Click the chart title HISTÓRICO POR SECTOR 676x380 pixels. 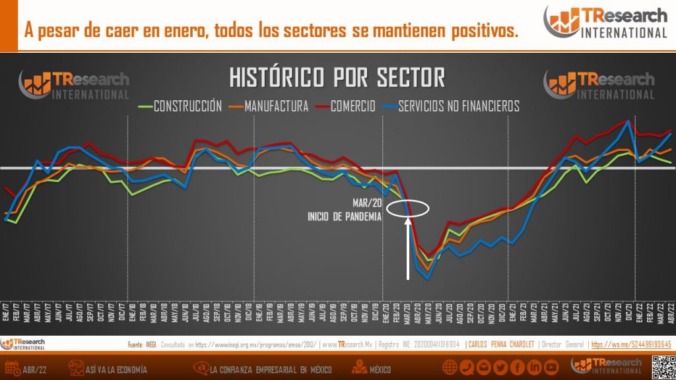(337, 78)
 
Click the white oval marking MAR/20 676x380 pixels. (408, 208)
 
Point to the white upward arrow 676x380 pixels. (408, 251)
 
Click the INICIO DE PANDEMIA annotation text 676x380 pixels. (344, 216)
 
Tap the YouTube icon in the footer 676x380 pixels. (551, 367)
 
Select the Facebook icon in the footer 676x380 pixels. (517, 367)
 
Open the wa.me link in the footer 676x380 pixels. (630, 344)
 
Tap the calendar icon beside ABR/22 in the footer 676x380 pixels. (12, 367)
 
